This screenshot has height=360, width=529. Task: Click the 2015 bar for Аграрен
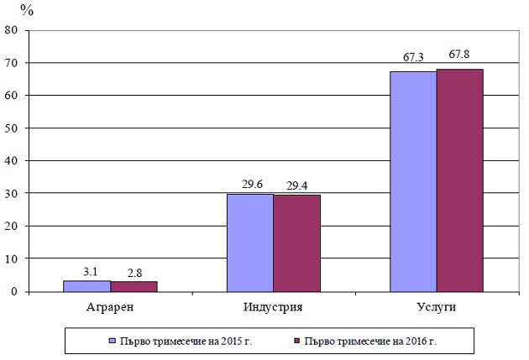(86, 286)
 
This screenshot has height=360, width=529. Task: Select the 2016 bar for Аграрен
(134, 287)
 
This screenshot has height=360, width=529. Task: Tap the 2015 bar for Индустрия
(249, 243)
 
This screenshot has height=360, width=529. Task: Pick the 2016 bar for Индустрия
(296, 243)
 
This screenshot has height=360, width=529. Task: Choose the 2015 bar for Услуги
(412, 181)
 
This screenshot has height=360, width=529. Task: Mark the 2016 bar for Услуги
(459, 180)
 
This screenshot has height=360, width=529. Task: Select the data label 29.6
(249, 184)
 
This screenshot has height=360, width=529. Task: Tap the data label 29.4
(296, 184)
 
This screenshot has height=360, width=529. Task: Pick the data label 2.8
(134, 272)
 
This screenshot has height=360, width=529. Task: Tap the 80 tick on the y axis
(13, 30)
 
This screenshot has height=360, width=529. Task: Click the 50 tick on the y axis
(13, 128)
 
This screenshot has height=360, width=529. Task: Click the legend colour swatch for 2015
(112, 341)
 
